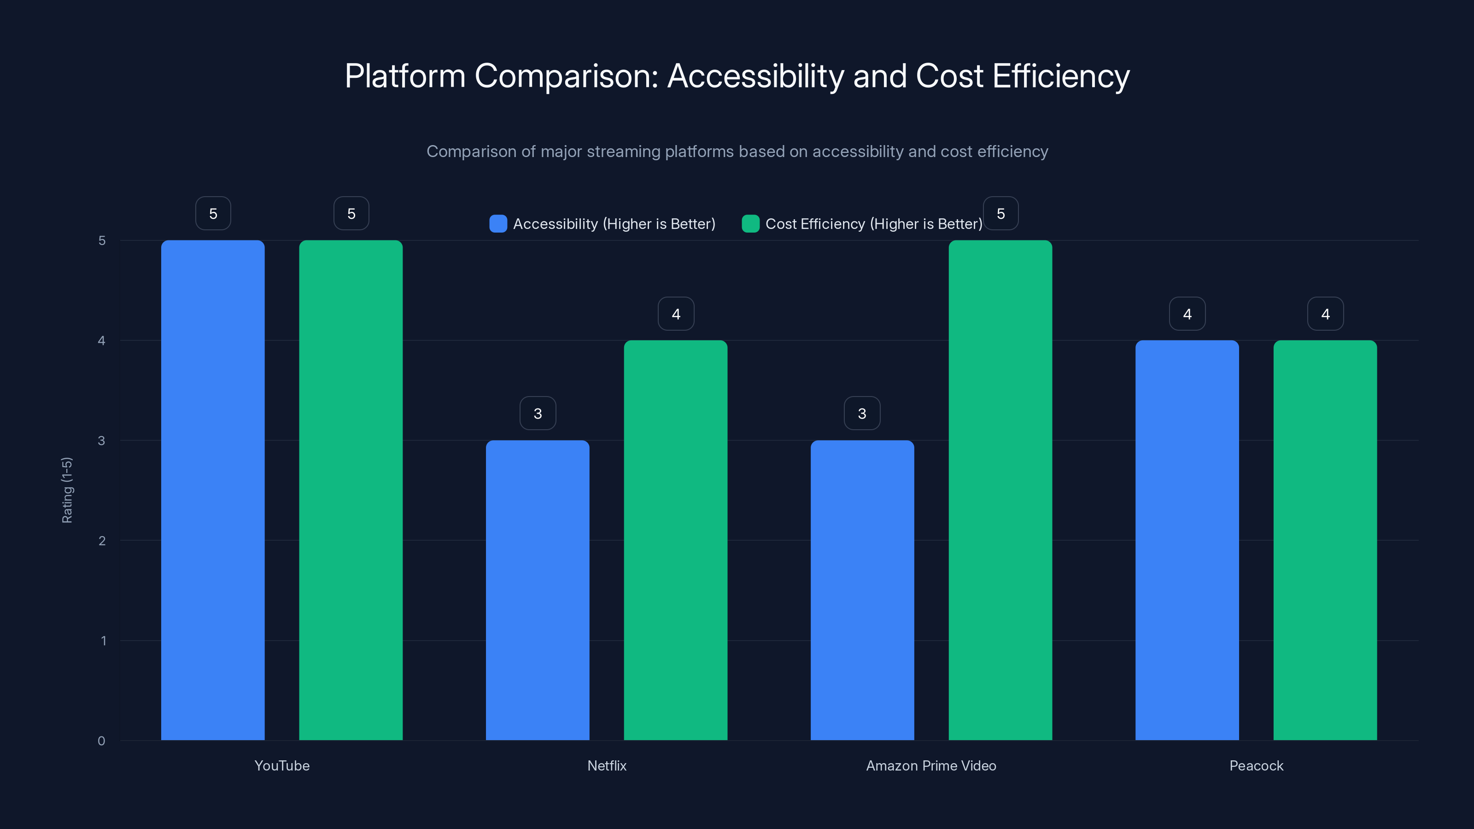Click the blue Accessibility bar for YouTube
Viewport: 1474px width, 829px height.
(x=213, y=490)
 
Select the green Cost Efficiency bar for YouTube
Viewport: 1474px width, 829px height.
(x=351, y=490)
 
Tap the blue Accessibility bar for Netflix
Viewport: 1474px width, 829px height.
(x=537, y=590)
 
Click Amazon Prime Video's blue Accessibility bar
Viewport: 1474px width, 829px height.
(x=862, y=590)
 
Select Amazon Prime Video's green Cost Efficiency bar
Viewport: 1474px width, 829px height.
(x=1000, y=490)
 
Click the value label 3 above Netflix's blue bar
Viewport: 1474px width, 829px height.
(x=537, y=413)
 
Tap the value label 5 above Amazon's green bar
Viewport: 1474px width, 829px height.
(x=1000, y=213)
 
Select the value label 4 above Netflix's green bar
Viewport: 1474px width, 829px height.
(x=676, y=314)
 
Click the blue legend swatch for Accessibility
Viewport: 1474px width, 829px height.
(x=498, y=224)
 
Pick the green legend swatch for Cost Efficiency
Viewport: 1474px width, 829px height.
(x=750, y=224)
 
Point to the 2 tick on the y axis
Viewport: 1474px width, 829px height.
(x=102, y=541)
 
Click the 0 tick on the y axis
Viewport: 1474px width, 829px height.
(x=101, y=741)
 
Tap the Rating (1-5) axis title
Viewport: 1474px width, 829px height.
(x=67, y=490)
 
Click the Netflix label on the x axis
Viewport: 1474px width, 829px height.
(x=607, y=765)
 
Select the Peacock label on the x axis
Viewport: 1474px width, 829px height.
(x=1256, y=765)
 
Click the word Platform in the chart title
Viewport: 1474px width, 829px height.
(x=405, y=76)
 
